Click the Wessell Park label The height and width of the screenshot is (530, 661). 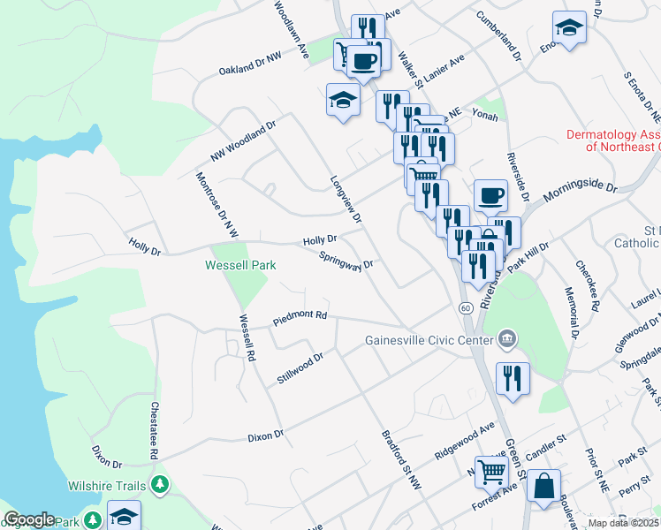pyautogui.click(x=240, y=265)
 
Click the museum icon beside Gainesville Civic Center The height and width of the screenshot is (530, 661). pyautogui.click(x=507, y=337)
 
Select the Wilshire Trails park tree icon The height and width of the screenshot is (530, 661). pyautogui.click(x=160, y=485)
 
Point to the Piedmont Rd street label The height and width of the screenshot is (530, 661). pyautogui.click(x=300, y=315)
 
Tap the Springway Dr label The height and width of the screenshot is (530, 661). pyautogui.click(x=347, y=264)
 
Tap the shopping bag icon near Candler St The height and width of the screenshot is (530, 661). pyautogui.click(x=546, y=486)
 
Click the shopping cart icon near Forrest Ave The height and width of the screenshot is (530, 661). pyautogui.click(x=490, y=471)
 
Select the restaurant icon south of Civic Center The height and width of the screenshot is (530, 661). pyautogui.click(x=513, y=377)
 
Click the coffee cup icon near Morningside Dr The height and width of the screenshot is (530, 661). pyautogui.click(x=490, y=194)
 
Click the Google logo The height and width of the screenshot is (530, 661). pyautogui.click(x=29, y=519)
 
